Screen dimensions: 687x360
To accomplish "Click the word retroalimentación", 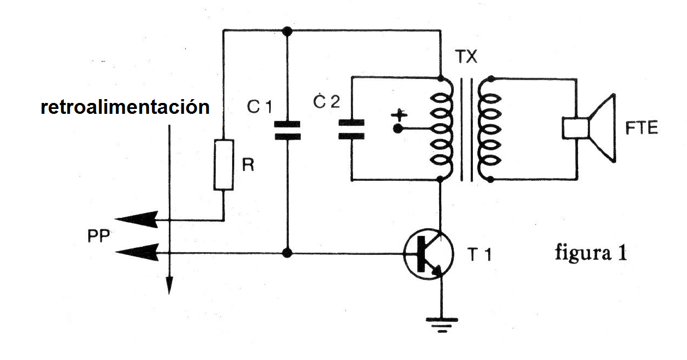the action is tap(125, 107).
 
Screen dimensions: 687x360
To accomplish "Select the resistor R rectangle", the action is tap(223, 165).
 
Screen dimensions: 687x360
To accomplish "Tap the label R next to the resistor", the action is tap(248, 165).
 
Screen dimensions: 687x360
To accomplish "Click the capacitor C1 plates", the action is tap(287, 131).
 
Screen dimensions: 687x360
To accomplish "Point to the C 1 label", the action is tap(259, 107).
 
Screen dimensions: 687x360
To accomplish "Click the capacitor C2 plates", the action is tap(351, 130).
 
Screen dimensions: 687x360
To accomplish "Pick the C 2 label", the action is tap(327, 101).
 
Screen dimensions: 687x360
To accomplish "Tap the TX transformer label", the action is tap(466, 57).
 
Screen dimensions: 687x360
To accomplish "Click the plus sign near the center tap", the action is tap(399, 115).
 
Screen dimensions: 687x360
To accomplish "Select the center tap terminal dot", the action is tap(398, 129).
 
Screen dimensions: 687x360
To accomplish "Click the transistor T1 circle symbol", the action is tap(429, 254).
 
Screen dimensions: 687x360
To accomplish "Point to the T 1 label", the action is tap(479, 254).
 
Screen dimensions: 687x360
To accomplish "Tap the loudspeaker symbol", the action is tap(589, 128).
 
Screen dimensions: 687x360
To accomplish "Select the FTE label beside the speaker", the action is tap(642, 128).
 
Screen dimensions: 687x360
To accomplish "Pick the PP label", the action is tap(99, 236).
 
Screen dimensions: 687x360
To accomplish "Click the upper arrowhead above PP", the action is tap(137, 219).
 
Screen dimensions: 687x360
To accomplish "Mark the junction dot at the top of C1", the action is tap(287, 31).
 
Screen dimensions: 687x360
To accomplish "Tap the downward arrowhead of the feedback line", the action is tap(169, 285).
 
